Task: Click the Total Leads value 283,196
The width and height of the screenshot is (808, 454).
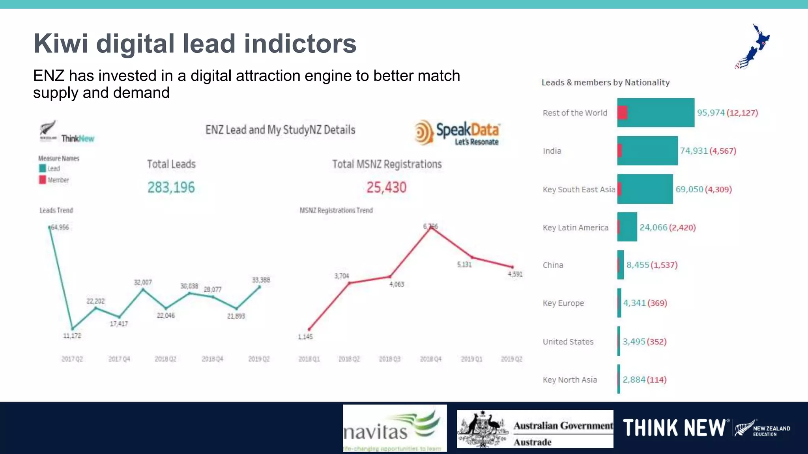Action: (171, 188)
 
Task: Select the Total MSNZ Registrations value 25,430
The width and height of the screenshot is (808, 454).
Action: (386, 188)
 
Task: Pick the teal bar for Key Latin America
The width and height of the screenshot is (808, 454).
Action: (628, 227)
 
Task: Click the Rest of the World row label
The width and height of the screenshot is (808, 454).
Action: (575, 113)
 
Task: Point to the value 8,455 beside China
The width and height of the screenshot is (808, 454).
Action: (638, 265)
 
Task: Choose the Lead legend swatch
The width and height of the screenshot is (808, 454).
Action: (43, 168)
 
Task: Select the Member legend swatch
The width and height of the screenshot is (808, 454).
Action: (43, 180)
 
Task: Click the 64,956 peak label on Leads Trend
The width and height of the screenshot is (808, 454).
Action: (60, 227)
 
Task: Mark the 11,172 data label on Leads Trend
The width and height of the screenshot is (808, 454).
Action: (72, 336)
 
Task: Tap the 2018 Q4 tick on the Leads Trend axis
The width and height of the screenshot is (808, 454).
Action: (212, 359)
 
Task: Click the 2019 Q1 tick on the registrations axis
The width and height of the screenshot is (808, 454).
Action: (471, 359)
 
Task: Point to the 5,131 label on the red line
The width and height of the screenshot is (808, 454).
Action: (464, 264)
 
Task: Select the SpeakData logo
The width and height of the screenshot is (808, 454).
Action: (457, 133)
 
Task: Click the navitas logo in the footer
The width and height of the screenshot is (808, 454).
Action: (395, 428)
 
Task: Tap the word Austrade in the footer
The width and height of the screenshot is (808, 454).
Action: (532, 442)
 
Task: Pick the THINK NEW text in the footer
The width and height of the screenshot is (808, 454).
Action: (674, 428)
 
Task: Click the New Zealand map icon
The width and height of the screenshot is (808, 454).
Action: (752, 47)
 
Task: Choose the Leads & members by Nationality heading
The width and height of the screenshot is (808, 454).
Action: (605, 82)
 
